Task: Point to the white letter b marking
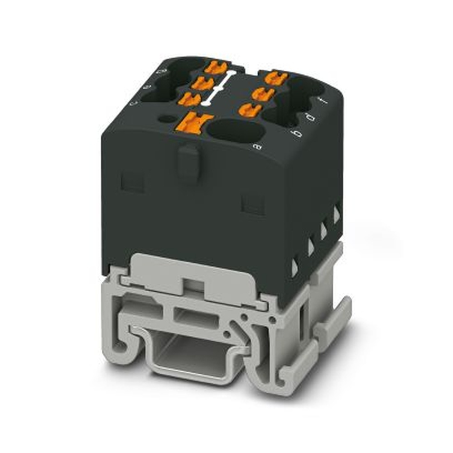pyautogui.click(x=297, y=134)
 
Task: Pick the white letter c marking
pyautogui.click(x=133, y=103)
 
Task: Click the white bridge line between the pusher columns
pyautogui.click(x=219, y=87)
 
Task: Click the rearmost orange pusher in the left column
pyautogui.click(x=216, y=68)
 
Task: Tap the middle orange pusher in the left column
pyautogui.click(x=202, y=83)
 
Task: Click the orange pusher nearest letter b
pyautogui.click(x=250, y=109)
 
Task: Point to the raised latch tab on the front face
pyautogui.click(x=188, y=161)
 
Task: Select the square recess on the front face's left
pyautogui.click(x=133, y=182)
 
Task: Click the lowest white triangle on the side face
pyautogui.click(x=294, y=268)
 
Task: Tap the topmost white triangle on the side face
pyautogui.click(x=337, y=214)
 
